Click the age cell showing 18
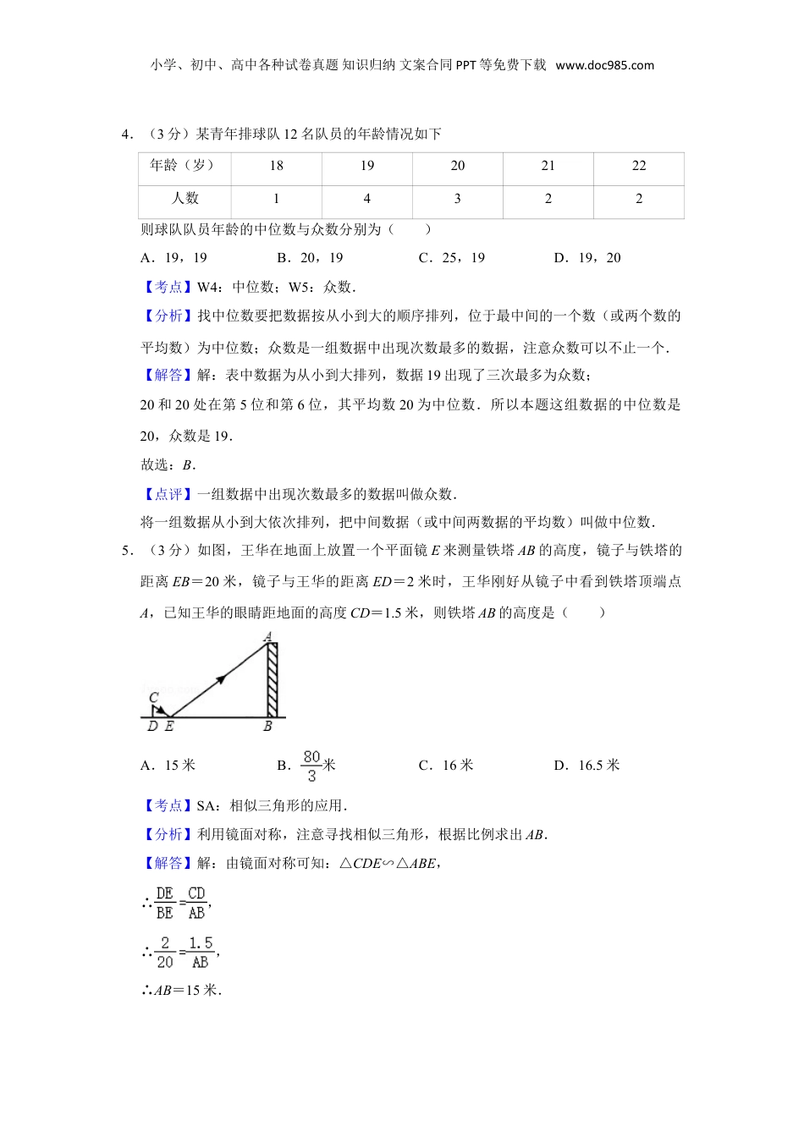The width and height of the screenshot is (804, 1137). [276, 166]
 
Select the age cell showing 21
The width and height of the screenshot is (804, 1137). [548, 166]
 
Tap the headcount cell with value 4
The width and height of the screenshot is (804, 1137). [366, 199]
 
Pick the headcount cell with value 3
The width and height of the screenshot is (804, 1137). [457, 199]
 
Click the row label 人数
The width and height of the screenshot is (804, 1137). [185, 199]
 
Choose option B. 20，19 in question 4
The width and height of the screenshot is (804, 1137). [310, 258]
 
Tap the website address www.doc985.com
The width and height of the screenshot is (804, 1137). [605, 65]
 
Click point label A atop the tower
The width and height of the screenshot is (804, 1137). [267, 636]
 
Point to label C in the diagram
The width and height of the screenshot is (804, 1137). [153, 699]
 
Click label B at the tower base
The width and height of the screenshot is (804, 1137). [268, 727]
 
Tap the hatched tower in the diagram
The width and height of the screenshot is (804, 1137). [272, 680]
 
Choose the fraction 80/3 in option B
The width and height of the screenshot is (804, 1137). [311, 766]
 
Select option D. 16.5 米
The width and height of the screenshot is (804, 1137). [586, 766]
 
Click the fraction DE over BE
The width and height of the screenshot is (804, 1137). [165, 903]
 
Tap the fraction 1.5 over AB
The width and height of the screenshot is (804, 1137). [201, 952]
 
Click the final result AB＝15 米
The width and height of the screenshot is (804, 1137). [181, 991]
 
